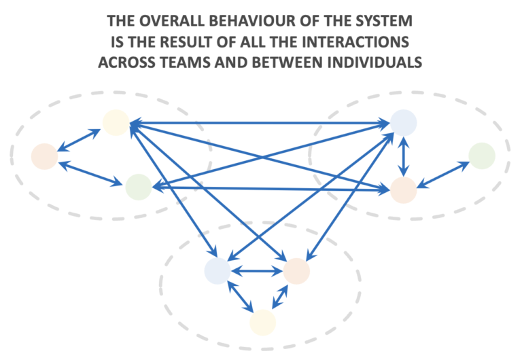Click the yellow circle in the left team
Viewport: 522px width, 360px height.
click(x=116, y=122)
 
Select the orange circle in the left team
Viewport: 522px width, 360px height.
click(x=44, y=156)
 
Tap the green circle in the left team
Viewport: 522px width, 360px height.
click(x=138, y=186)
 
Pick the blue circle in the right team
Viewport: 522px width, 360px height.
click(x=403, y=123)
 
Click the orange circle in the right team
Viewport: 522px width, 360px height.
click(x=403, y=190)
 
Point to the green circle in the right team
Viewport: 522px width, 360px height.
click(x=481, y=156)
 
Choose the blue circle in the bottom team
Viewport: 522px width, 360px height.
click(x=217, y=271)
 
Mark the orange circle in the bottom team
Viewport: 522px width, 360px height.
click(x=296, y=271)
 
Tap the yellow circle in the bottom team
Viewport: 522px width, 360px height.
click(x=262, y=322)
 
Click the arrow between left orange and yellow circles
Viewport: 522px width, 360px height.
click(x=79, y=140)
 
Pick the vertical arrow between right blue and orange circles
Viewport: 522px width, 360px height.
click(x=404, y=156)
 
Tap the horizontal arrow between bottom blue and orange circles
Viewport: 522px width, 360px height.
click(x=257, y=271)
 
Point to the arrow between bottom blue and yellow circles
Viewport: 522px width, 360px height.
click(x=241, y=298)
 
